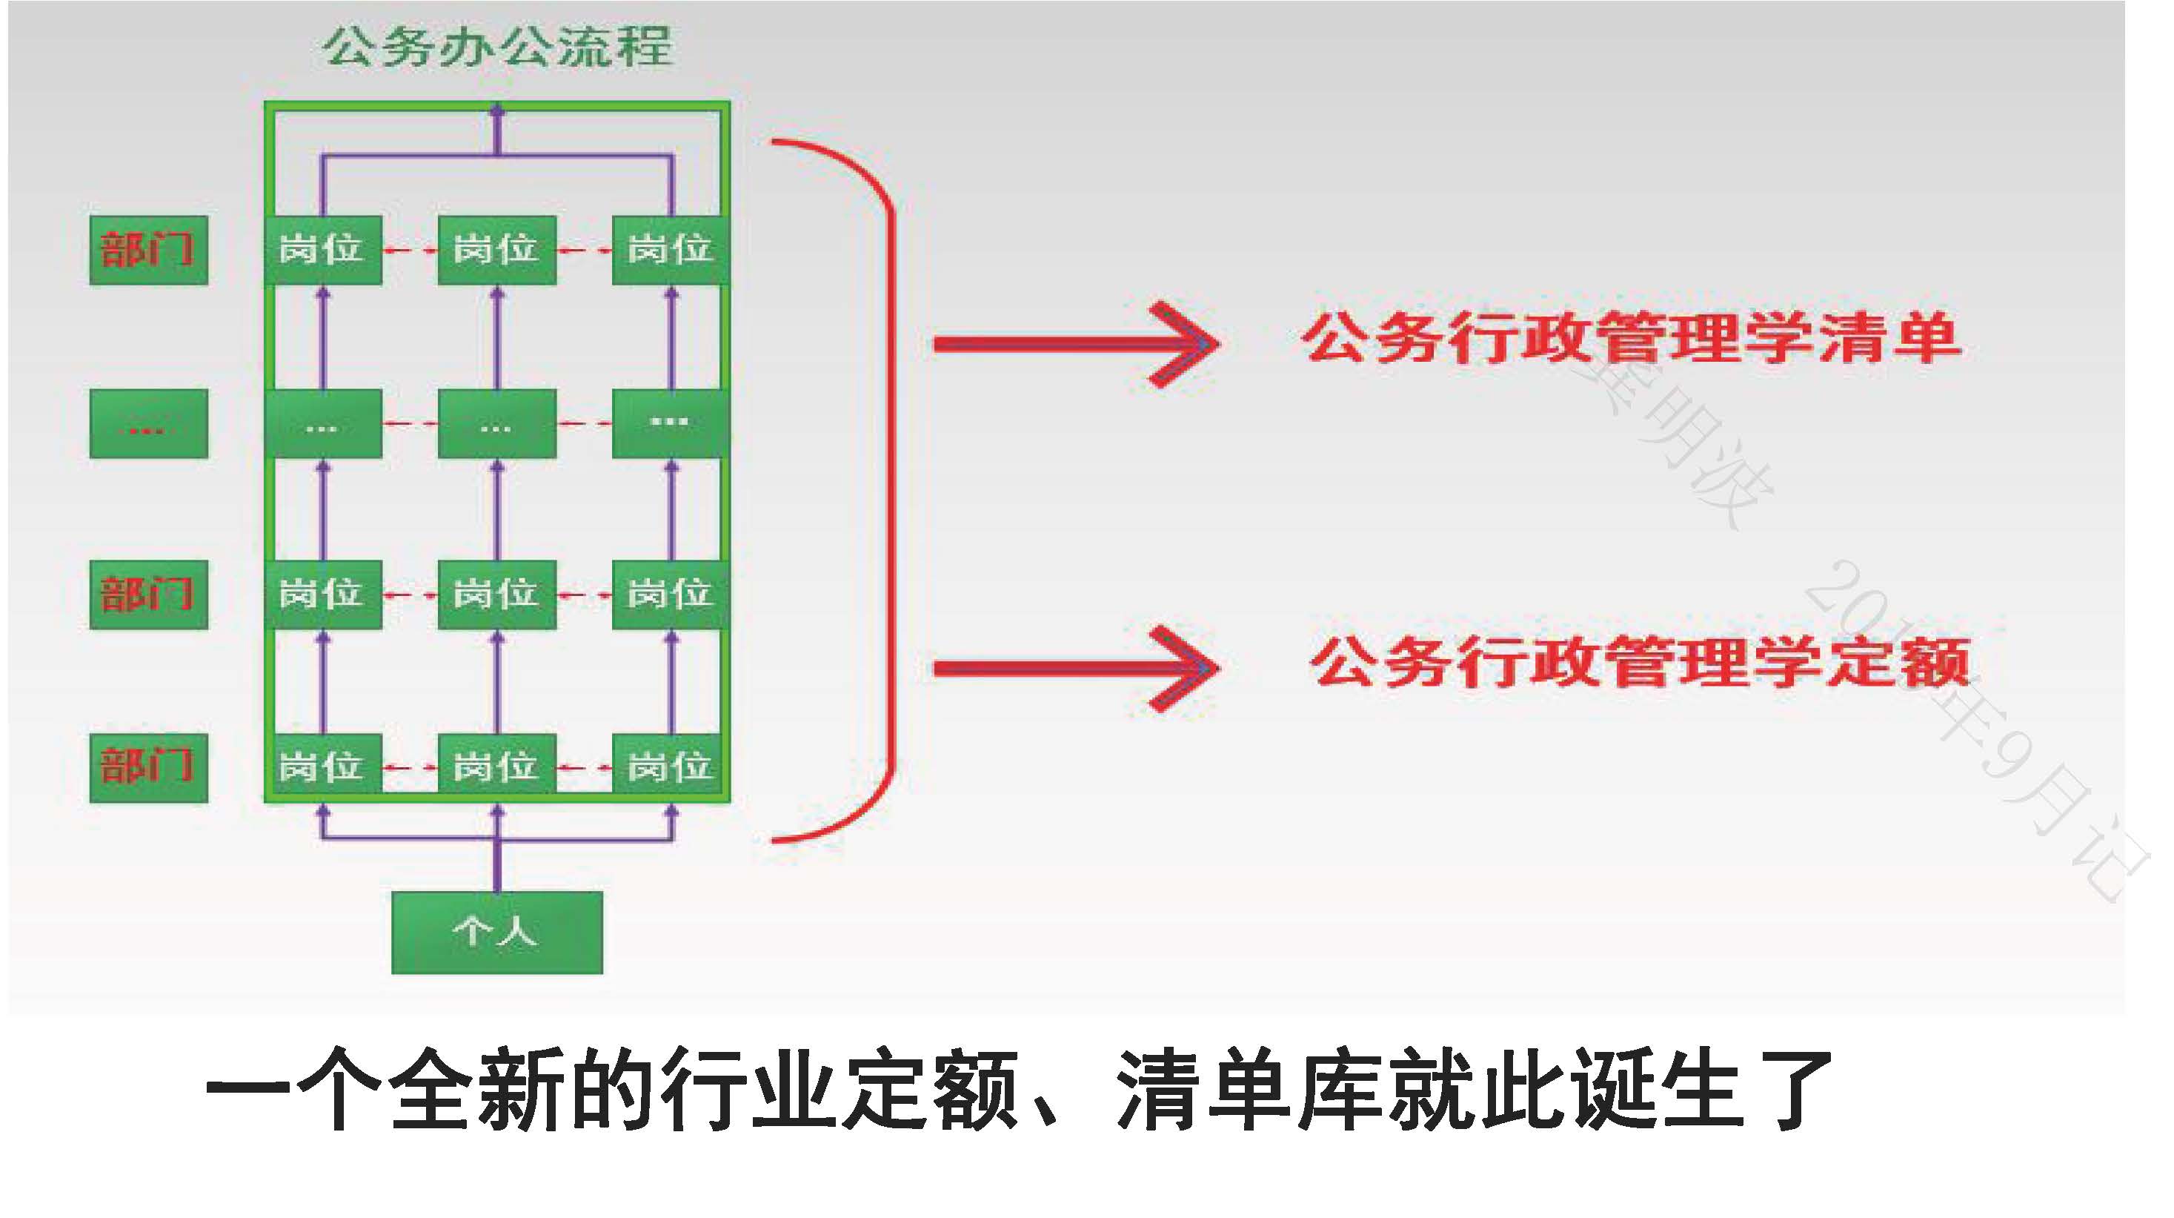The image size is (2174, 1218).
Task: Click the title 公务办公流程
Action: click(498, 47)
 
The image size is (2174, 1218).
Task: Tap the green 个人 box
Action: click(496, 932)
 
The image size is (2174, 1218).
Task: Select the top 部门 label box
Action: click(148, 250)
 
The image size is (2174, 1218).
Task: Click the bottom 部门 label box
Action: click(148, 767)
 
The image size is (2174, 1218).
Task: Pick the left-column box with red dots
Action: click(148, 424)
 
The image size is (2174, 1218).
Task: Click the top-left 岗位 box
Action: click(322, 250)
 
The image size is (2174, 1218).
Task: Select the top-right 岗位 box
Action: click(670, 250)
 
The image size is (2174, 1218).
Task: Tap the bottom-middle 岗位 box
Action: click(496, 767)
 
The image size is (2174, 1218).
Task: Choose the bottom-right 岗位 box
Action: click(670, 767)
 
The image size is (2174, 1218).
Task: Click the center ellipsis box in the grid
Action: click(496, 424)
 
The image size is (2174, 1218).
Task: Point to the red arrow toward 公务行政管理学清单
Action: click(1076, 343)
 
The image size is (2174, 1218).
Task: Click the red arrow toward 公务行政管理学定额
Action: click(1076, 669)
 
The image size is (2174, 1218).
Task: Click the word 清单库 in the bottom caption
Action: click(1249, 1089)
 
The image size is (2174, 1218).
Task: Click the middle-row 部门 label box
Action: click(148, 595)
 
